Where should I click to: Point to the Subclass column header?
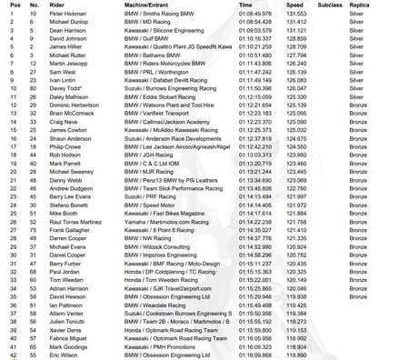tap(329, 5)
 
